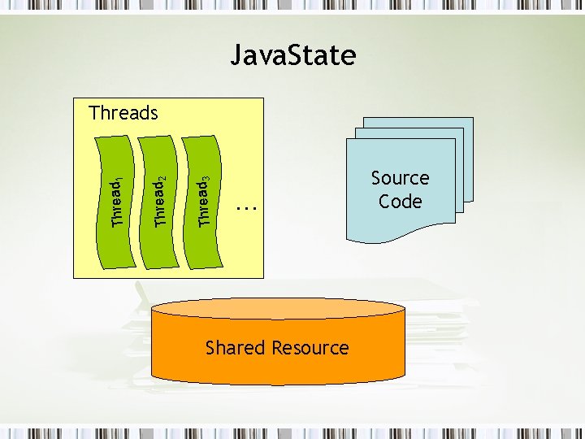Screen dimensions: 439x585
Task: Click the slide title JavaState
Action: pyautogui.click(x=292, y=55)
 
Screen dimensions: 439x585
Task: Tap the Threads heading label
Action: pyautogui.click(x=123, y=113)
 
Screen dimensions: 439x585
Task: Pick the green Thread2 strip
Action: pyautogui.click(x=159, y=244)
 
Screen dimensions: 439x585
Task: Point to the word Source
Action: pyautogui.click(x=400, y=178)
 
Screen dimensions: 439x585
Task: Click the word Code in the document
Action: pyautogui.click(x=401, y=202)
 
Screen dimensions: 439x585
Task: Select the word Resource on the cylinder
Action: pyautogui.click(x=310, y=348)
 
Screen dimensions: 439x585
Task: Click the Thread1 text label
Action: pyautogui.click(x=118, y=204)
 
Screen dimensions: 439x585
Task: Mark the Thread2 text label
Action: pyautogui.click(x=162, y=203)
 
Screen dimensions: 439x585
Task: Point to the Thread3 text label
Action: pyautogui.click(x=205, y=203)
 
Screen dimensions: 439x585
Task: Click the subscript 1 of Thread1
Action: pyautogui.click(x=121, y=180)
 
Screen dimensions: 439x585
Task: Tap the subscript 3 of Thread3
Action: pyautogui.click(x=208, y=179)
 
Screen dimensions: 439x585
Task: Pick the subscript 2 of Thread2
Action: pyautogui.click(x=165, y=179)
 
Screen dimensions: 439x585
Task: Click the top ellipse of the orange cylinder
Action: pyautogui.click(x=278, y=308)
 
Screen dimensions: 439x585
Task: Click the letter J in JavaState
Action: pyautogui.click(x=236, y=55)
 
